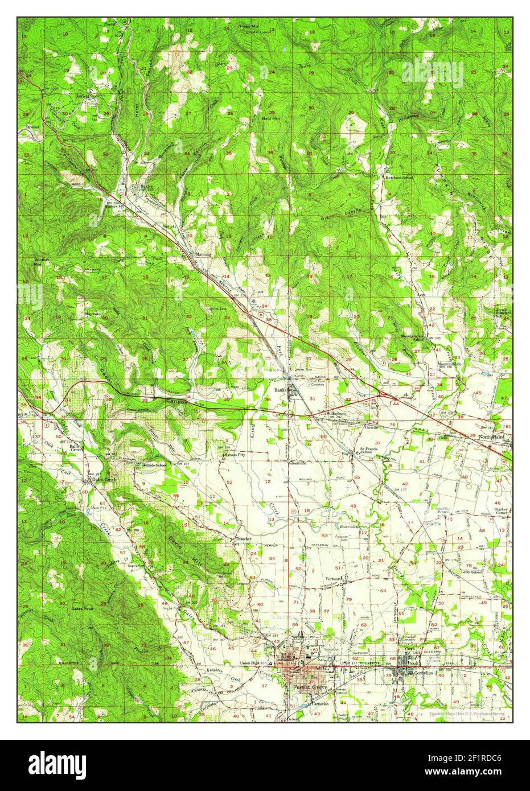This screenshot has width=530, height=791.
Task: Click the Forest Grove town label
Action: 308,687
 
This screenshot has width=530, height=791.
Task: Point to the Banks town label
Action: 280,390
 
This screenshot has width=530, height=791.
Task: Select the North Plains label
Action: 493,436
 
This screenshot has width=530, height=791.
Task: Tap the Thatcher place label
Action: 243,538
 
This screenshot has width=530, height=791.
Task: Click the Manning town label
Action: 203,254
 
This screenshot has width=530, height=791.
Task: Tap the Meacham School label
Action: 398,178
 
